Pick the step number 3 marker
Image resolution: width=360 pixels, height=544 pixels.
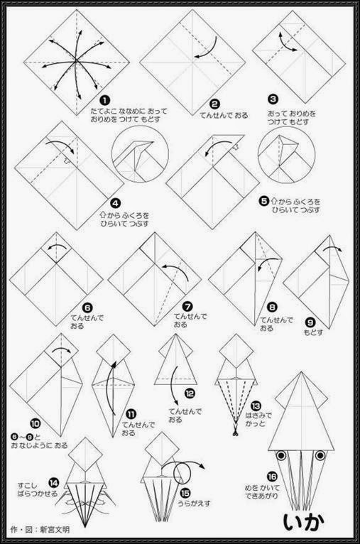[273, 100]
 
